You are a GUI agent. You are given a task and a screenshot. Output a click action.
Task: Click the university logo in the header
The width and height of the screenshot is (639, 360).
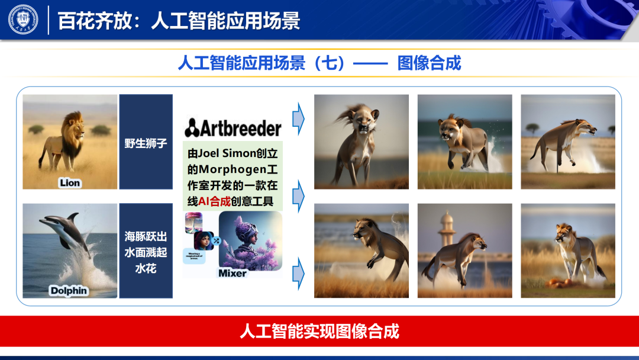point(23,20)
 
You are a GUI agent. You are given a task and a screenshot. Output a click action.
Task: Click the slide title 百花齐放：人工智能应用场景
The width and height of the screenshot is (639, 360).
point(179,21)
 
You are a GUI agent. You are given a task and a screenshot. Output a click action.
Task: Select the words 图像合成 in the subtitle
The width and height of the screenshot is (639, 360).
point(429,63)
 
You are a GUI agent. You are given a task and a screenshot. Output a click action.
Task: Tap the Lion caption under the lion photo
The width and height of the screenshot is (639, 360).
point(69,183)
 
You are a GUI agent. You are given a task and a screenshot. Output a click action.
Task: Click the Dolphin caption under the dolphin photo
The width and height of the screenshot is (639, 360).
point(69,290)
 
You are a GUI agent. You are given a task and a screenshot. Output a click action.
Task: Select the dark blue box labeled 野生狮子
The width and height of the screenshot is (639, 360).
point(146,142)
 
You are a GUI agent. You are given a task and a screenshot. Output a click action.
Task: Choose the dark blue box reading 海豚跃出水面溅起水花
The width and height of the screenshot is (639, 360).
point(146,251)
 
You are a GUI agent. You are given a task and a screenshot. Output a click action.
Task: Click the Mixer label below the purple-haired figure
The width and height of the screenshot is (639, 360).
point(233,273)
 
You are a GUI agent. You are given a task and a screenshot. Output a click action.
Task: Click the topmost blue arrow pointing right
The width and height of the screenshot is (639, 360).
point(299,118)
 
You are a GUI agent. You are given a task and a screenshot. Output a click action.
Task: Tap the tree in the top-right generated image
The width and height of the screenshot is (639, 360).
point(532,127)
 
